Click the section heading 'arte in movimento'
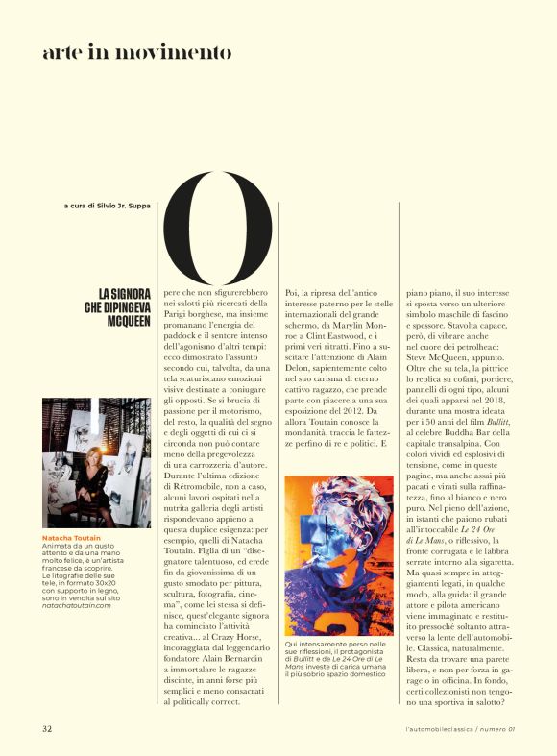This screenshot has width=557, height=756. point(136,52)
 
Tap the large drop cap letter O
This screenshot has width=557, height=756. point(219,227)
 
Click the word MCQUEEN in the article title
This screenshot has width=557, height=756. point(129,321)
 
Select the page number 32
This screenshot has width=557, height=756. point(47,727)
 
